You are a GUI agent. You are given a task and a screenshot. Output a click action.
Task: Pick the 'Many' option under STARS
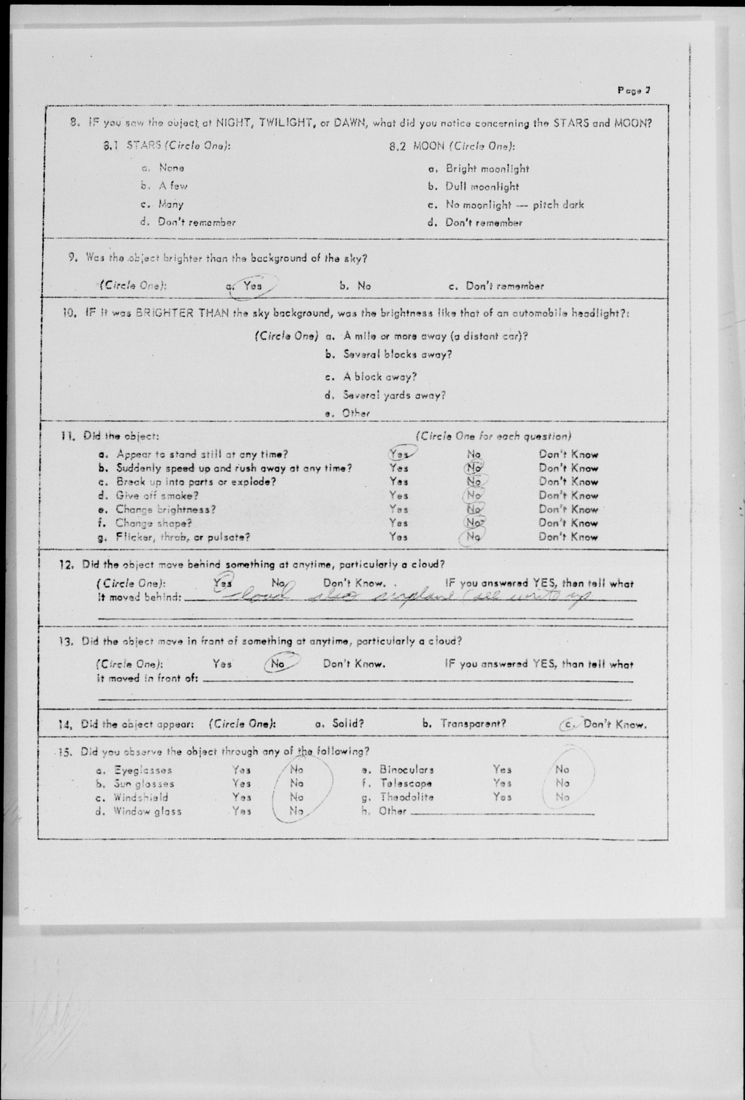pyautogui.click(x=170, y=205)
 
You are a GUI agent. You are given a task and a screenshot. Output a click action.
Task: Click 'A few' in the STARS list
pyautogui.click(x=173, y=186)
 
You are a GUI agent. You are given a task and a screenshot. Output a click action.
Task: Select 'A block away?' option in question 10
pyautogui.click(x=380, y=377)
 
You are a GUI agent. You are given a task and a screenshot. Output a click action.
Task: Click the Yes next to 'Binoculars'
pyautogui.click(x=502, y=770)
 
